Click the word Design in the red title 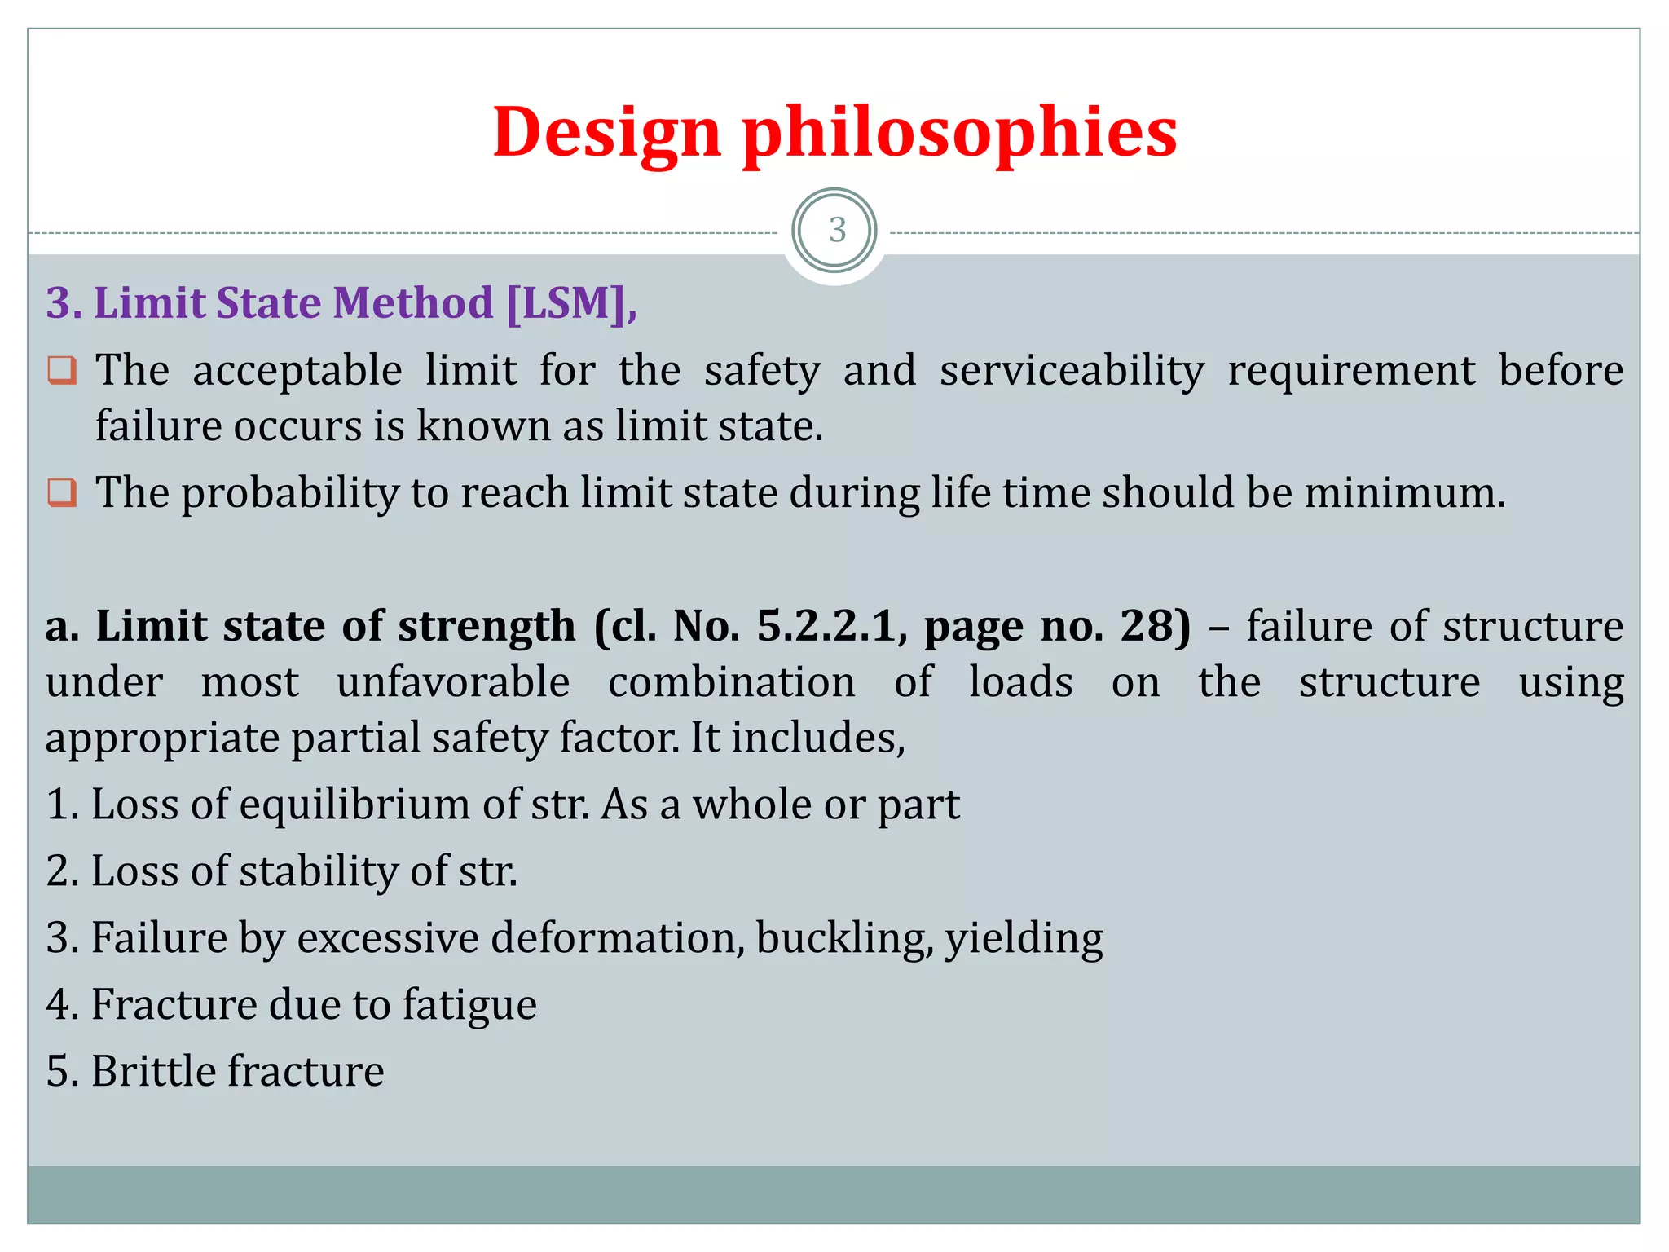point(607,132)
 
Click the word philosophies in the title point(959,132)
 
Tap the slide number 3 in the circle point(836,231)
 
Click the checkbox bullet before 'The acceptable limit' point(62,371)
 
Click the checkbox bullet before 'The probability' point(62,493)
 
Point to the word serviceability point(1072,371)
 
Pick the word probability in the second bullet point(290,493)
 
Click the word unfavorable point(453,681)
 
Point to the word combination point(731,681)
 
